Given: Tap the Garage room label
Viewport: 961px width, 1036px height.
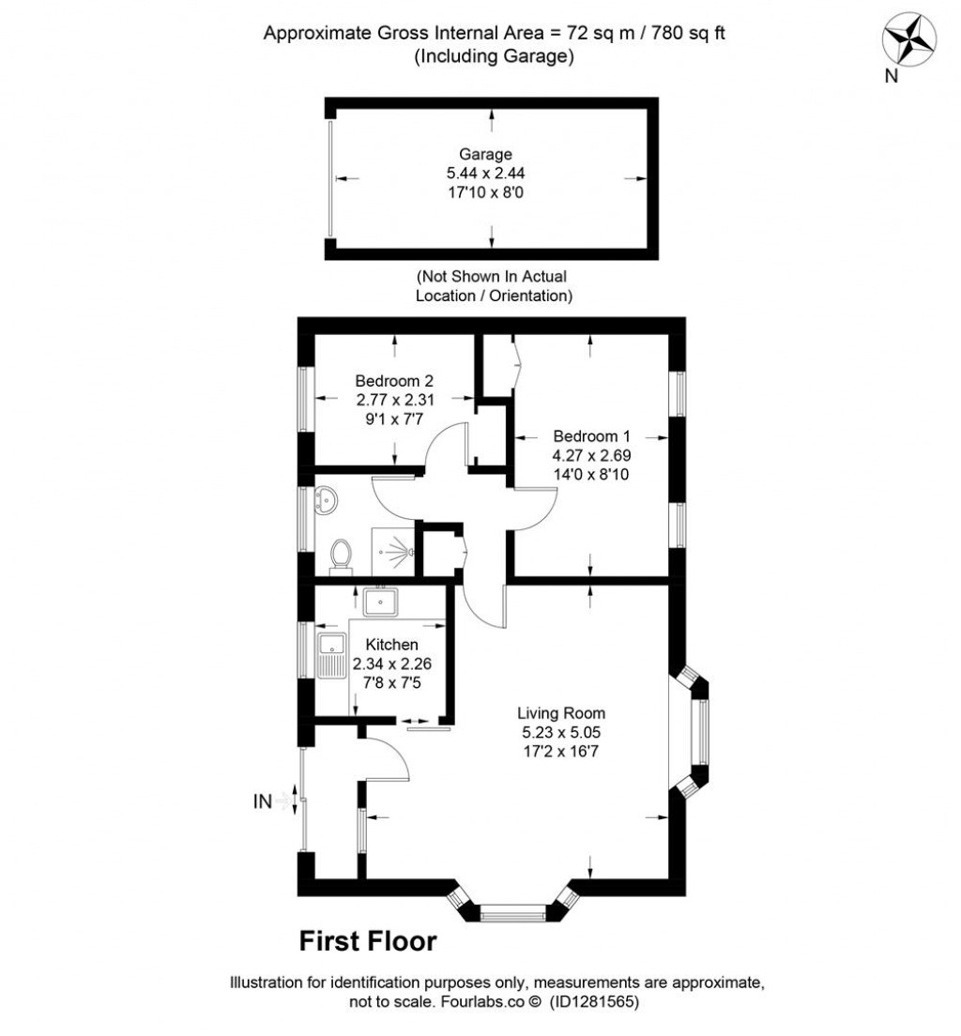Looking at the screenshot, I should pyautogui.click(x=485, y=154).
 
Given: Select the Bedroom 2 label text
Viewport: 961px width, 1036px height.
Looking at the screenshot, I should pyautogui.click(x=394, y=381).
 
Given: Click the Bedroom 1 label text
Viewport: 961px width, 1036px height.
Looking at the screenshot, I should pyautogui.click(x=591, y=436).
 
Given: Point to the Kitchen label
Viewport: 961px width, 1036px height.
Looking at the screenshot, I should pyautogui.click(x=391, y=645).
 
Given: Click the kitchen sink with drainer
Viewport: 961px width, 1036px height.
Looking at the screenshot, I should pyautogui.click(x=331, y=655).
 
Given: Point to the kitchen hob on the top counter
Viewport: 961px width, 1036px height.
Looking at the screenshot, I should pyautogui.click(x=381, y=600).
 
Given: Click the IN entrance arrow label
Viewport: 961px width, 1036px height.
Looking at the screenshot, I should pyautogui.click(x=263, y=801).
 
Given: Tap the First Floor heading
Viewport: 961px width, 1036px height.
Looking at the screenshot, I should pyautogui.click(x=368, y=940).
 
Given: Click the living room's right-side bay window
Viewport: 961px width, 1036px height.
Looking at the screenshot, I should pyautogui.click(x=697, y=732).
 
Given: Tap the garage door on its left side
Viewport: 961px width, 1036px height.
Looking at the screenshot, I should pyautogui.click(x=330, y=179).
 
